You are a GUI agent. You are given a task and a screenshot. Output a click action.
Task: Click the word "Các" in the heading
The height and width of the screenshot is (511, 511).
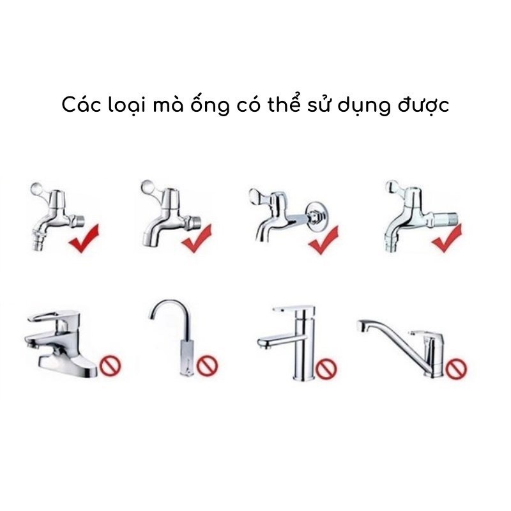click(x=82, y=105)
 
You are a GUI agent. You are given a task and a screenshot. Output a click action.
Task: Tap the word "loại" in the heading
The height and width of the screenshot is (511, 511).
click(x=126, y=105)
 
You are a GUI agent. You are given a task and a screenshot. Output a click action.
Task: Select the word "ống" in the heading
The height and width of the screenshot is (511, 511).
click(x=211, y=105)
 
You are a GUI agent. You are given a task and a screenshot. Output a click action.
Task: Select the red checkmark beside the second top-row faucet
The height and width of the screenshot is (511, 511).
click(x=197, y=237)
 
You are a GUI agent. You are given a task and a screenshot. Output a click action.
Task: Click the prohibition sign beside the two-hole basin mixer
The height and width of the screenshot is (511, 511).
click(x=110, y=365)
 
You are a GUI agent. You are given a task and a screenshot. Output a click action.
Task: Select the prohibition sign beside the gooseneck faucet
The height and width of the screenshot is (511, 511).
click(x=207, y=365)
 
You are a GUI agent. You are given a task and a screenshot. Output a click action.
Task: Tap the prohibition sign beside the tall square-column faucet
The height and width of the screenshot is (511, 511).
click(x=327, y=368)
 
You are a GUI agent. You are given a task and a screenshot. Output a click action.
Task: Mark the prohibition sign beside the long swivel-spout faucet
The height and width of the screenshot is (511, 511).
click(x=456, y=368)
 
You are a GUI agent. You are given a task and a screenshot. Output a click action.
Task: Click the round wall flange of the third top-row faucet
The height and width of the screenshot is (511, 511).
click(x=314, y=217)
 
